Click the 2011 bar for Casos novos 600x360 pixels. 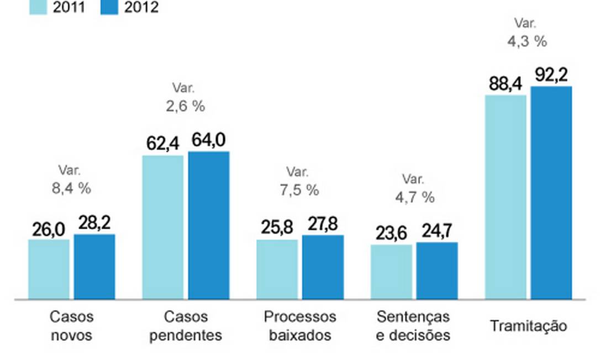[x=49, y=269]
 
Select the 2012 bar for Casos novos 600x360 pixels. [x=94, y=267]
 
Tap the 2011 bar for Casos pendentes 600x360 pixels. [x=163, y=227]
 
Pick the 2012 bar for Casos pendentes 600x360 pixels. [x=208, y=225]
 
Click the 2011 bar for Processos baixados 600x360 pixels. [x=277, y=269]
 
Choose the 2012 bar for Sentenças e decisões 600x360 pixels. [x=436, y=271]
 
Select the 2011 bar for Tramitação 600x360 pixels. [x=506, y=197]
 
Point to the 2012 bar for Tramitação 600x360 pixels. [x=551, y=193]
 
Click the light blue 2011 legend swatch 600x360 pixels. [x=39, y=7]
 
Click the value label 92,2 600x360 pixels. [x=551, y=74]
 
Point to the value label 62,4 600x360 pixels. [x=163, y=143]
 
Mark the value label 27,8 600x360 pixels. [x=323, y=224]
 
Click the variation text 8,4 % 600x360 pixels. [x=71, y=188]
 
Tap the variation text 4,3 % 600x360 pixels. [x=527, y=41]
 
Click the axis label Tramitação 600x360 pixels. [x=528, y=326]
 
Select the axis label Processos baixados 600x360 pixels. [x=300, y=326]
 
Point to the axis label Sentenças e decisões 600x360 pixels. [x=413, y=326]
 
